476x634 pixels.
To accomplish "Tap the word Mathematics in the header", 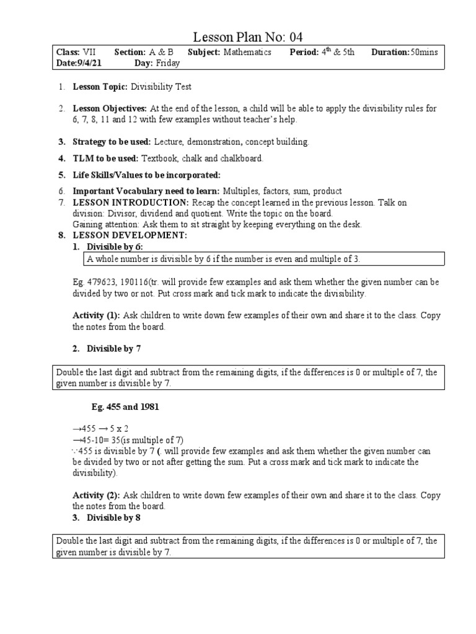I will click(x=247, y=53).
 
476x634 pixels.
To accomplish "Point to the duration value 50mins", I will click(x=424, y=53).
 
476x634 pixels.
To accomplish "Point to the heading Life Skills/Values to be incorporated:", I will click(x=146, y=175).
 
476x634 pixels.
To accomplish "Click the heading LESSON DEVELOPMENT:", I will click(x=130, y=236).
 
